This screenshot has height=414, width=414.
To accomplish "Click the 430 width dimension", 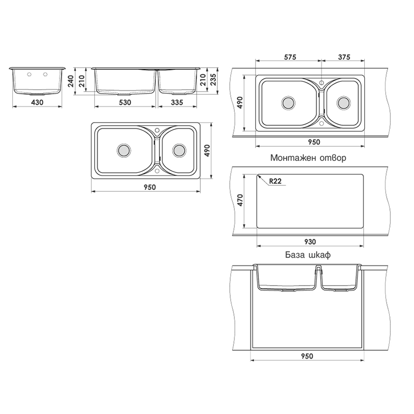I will (37, 102).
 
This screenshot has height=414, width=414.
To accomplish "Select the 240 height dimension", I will (70, 81).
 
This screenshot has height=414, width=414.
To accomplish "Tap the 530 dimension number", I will (125, 102).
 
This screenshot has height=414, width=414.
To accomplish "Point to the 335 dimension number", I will (176, 102).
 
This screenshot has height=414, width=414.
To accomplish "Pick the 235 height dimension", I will (213, 80).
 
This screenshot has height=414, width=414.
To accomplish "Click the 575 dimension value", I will (289, 57).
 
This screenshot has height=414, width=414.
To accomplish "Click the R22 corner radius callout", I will (275, 181).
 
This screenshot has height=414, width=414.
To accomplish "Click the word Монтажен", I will (291, 158).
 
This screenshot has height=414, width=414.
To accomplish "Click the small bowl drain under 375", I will (343, 102).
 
